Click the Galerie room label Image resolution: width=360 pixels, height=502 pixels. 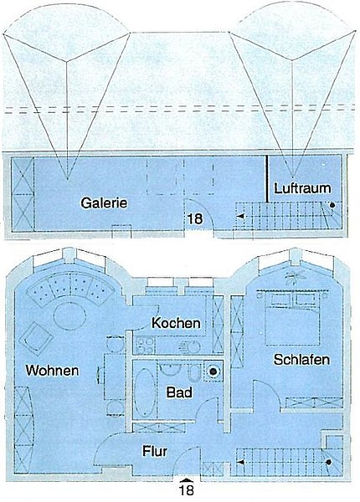click(104, 203)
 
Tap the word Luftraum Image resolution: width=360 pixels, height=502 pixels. click(302, 188)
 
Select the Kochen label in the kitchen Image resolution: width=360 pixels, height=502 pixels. click(176, 323)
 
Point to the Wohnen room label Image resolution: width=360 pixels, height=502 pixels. click(52, 371)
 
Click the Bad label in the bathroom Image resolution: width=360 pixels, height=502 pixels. click(179, 392)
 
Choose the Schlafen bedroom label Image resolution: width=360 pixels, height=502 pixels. click(301, 360)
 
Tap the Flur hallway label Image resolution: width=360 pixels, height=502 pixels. click(155, 451)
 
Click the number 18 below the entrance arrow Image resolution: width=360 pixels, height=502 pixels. click(187, 490)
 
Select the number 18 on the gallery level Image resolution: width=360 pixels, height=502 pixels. click(195, 218)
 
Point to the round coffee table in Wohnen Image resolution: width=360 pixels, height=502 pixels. click(69, 316)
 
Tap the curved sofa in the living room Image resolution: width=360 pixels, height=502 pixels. click(69, 289)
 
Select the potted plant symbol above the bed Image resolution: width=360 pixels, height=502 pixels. click(295, 275)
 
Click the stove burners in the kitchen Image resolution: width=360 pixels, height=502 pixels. click(145, 345)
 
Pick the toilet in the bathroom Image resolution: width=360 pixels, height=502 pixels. click(193, 373)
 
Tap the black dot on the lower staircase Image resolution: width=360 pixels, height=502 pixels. click(329, 462)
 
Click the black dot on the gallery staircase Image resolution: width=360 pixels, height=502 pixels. click(332, 205)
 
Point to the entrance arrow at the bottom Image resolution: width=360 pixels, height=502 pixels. click(187, 480)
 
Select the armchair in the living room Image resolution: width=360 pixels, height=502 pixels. click(37, 339)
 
